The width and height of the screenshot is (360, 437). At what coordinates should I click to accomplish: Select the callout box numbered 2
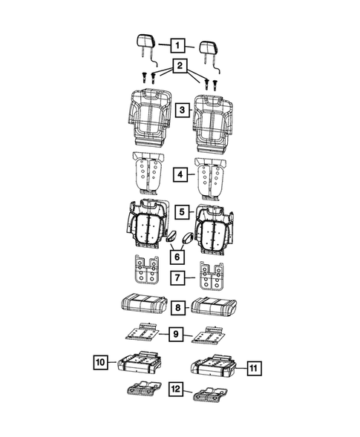pyautogui.click(x=178, y=67)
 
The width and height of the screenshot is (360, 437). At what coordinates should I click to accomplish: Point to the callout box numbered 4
pyautogui.click(x=180, y=174)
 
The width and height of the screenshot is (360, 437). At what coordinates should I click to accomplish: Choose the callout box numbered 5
pyautogui.click(x=181, y=211)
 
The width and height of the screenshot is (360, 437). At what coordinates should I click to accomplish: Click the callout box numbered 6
pyautogui.click(x=175, y=257)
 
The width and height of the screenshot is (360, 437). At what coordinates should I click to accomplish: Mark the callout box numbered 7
pyautogui.click(x=179, y=278)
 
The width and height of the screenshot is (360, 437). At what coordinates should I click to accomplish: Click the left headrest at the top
pyautogui.click(x=145, y=44)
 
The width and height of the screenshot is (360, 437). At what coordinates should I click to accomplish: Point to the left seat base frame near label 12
pyautogui.click(x=143, y=390)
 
